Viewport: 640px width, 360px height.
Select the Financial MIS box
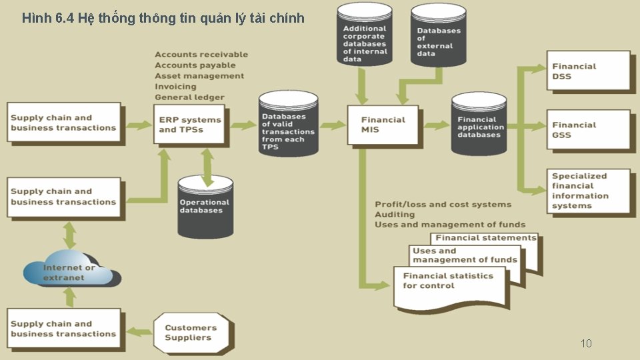(x=383, y=125)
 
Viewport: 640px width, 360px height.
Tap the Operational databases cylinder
(x=206, y=207)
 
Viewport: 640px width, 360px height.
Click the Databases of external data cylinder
(x=438, y=37)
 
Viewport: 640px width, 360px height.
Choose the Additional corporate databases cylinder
(x=365, y=37)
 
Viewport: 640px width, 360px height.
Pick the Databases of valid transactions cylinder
(x=289, y=127)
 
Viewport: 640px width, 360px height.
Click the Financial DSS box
(x=588, y=71)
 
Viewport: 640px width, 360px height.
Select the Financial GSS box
(x=588, y=129)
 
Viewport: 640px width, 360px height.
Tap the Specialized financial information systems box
(x=588, y=191)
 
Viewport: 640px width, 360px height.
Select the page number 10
(x=586, y=343)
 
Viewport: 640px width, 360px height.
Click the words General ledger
(x=189, y=97)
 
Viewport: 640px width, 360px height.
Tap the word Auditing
(x=395, y=215)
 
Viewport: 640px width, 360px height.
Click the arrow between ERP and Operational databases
(x=208, y=166)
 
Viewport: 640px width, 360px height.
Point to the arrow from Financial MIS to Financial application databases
(x=435, y=125)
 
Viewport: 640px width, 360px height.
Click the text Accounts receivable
(x=201, y=55)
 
